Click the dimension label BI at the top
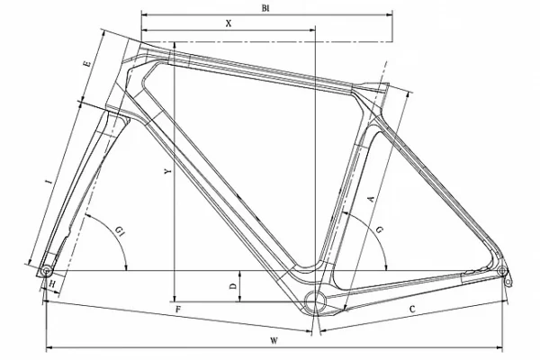click(265, 8)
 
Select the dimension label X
click(229, 23)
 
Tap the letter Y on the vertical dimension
click(168, 171)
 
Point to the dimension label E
click(88, 64)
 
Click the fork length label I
click(50, 181)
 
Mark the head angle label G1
click(119, 230)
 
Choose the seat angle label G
click(379, 230)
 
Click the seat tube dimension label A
click(371, 199)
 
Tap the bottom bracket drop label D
click(233, 286)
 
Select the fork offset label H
click(52, 284)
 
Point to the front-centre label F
click(178, 310)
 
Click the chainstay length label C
click(412, 310)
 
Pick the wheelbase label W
click(274, 341)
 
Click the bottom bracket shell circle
click(315, 301)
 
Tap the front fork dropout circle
click(46, 271)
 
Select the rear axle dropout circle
click(502, 270)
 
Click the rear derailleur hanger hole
click(508, 283)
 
